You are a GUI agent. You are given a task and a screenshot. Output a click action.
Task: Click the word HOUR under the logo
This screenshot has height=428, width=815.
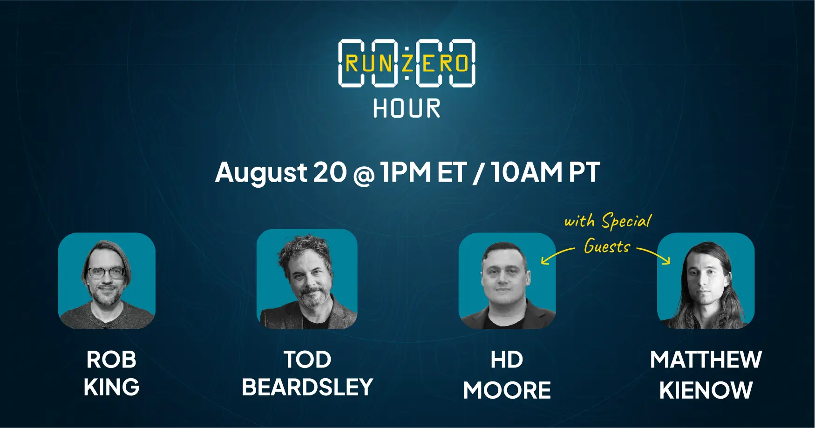tap(407, 109)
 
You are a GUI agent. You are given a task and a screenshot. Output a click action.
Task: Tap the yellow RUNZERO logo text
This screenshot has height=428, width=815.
tap(407, 63)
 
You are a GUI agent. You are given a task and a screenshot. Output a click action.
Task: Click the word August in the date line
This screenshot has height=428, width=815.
tap(261, 173)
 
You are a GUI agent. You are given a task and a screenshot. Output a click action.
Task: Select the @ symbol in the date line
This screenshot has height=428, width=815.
tap(364, 175)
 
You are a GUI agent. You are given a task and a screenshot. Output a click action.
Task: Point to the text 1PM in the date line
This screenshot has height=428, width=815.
tap(406, 172)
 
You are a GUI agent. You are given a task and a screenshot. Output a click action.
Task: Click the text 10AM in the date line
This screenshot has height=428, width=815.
tap(527, 172)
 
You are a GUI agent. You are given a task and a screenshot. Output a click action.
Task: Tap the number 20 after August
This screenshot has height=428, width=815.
tap(330, 172)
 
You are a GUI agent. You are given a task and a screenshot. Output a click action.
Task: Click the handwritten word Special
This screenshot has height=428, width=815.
tap(626, 220)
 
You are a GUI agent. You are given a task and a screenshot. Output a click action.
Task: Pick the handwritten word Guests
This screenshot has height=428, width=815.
tap(607, 246)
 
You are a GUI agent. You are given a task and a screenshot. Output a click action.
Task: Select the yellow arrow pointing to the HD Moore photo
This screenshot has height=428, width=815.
tap(557, 254)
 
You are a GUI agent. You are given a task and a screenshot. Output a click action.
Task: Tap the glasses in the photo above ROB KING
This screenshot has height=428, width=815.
tap(106, 272)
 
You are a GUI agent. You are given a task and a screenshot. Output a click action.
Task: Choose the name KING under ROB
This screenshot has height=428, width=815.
tap(111, 387)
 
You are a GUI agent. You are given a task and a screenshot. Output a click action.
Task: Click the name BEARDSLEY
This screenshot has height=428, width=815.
tap(307, 387)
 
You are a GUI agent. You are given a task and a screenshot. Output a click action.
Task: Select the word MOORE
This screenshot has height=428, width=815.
tap(507, 390)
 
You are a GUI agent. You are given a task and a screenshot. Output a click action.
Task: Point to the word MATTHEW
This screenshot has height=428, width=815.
tap(706, 360)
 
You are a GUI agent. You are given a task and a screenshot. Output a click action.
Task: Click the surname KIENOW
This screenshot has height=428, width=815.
tap(706, 390)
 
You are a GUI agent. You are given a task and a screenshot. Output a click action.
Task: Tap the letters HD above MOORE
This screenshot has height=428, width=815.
tap(507, 360)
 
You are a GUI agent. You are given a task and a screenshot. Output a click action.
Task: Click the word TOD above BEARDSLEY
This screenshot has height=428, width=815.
tap(307, 360)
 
